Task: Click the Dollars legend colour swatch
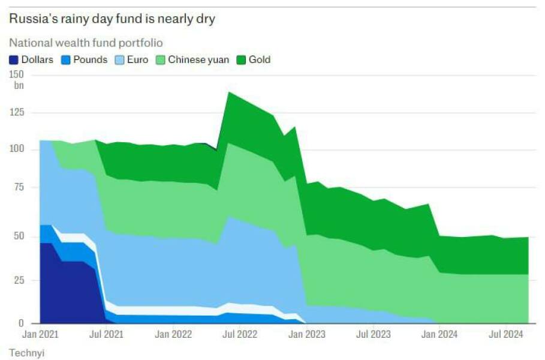coord(14,60)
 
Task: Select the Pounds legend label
coord(90,60)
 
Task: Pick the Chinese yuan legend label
coord(198,60)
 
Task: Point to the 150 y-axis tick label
coord(17,74)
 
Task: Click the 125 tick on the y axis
coord(17,112)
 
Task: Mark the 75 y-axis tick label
coord(19,187)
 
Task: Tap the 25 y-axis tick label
coord(19,280)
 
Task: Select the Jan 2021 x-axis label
coord(40,333)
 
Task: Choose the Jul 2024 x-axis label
coord(506,333)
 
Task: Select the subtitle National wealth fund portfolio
coord(86,43)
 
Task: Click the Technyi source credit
coord(26,353)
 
